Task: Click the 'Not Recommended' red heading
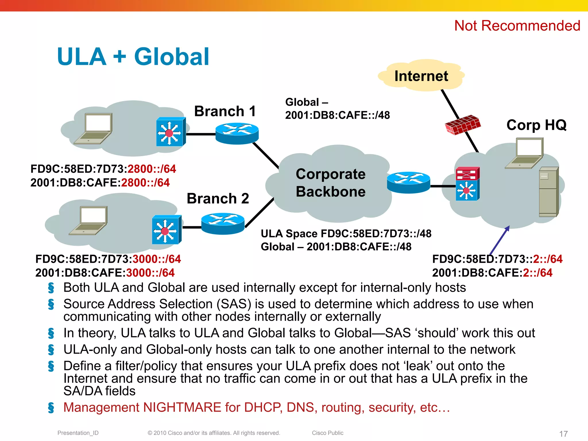point(517,26)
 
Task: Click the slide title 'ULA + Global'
point(133,57)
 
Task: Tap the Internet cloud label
point(421,76)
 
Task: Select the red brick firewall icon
point(462,125)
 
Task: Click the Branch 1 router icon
point(237,133)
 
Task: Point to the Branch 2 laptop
point(89,220)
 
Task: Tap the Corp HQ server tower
point(548,192)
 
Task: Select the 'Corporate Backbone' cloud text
point(330,183)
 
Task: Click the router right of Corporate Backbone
point(408,182)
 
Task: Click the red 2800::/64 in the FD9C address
point(152,169)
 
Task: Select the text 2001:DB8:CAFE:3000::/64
point(105,273)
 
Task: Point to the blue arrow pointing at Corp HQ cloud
point(500,240)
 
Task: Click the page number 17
point(563,434)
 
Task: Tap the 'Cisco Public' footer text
point(328,433)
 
